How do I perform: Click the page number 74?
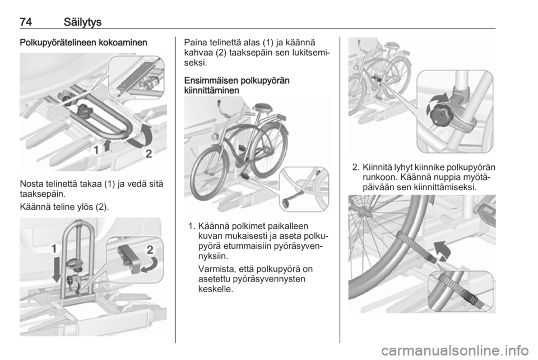tap(26, 22)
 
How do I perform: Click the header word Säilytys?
tap(82, 22)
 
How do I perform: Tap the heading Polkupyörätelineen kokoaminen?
tap(84, 43)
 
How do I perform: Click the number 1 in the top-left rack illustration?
tap(96, 150)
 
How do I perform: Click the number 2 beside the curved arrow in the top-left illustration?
tap(149, 154)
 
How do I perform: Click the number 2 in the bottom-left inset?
tap(150, 250)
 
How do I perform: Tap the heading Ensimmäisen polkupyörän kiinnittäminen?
tap(236, 85)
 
